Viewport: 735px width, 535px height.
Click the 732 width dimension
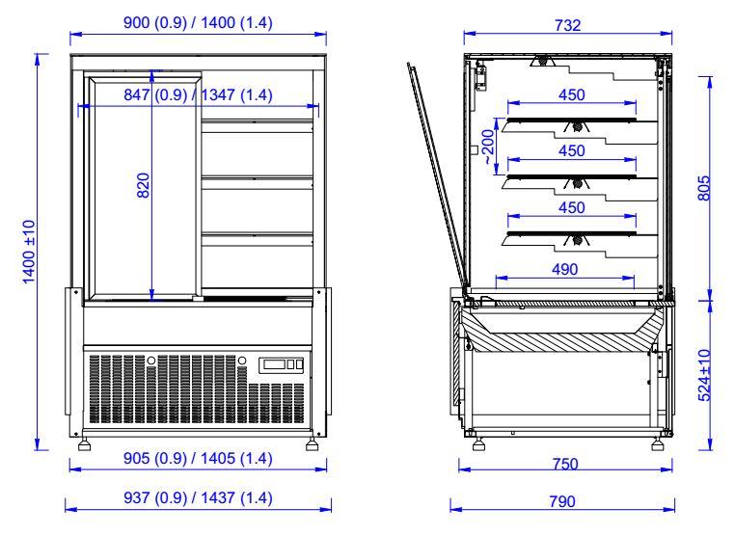pyautogui.click(x=569, y=24)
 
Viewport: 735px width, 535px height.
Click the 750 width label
pyautogui.click(x=566, y=465)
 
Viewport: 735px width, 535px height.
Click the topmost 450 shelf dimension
pyautogui.click(x=570, y=94)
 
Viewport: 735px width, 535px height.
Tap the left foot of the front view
pyautogui.click(x=89, y=445)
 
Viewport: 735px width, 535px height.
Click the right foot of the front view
pyautogui.click(x=313, y=445)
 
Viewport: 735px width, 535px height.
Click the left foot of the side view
pyautogui.click(x=478, y=445)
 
